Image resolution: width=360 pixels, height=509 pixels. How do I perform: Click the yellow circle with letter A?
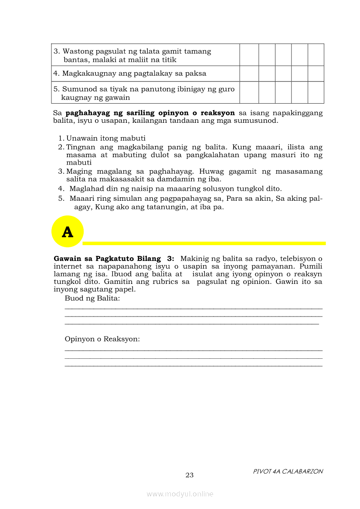[67, 232]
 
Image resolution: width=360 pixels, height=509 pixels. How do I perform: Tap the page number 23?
[189, 475]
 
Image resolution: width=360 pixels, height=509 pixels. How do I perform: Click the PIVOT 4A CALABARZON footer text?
[288, 471]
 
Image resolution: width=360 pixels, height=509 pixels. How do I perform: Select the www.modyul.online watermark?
[180, 494]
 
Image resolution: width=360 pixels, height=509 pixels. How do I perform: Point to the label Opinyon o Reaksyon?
[102, 339]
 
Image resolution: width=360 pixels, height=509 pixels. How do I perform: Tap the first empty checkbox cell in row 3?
[249, 55]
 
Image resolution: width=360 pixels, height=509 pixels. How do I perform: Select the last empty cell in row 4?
[316, 74]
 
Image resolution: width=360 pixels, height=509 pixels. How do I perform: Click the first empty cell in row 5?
[249, 93]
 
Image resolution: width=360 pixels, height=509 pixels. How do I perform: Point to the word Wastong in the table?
[76, 51]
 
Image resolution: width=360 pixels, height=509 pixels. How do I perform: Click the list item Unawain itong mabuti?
[105, 138]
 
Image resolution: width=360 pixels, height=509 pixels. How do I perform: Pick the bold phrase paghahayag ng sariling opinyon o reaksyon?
[150, 113]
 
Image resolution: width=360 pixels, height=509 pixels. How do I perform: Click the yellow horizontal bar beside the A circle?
[204, 243]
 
